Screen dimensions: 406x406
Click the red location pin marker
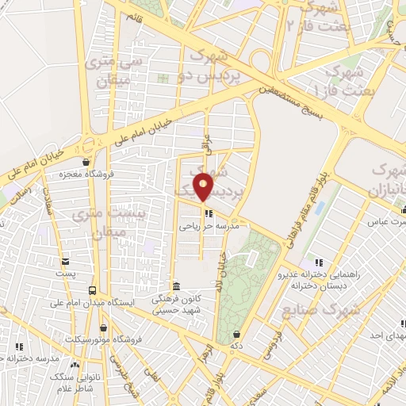coord(204,186)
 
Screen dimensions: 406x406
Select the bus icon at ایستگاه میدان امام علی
coord(93,290)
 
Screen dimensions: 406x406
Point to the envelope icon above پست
coord(65,261)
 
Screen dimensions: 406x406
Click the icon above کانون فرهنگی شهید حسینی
coord(176,285)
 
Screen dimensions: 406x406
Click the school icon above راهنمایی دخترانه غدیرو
coord(318,262)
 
